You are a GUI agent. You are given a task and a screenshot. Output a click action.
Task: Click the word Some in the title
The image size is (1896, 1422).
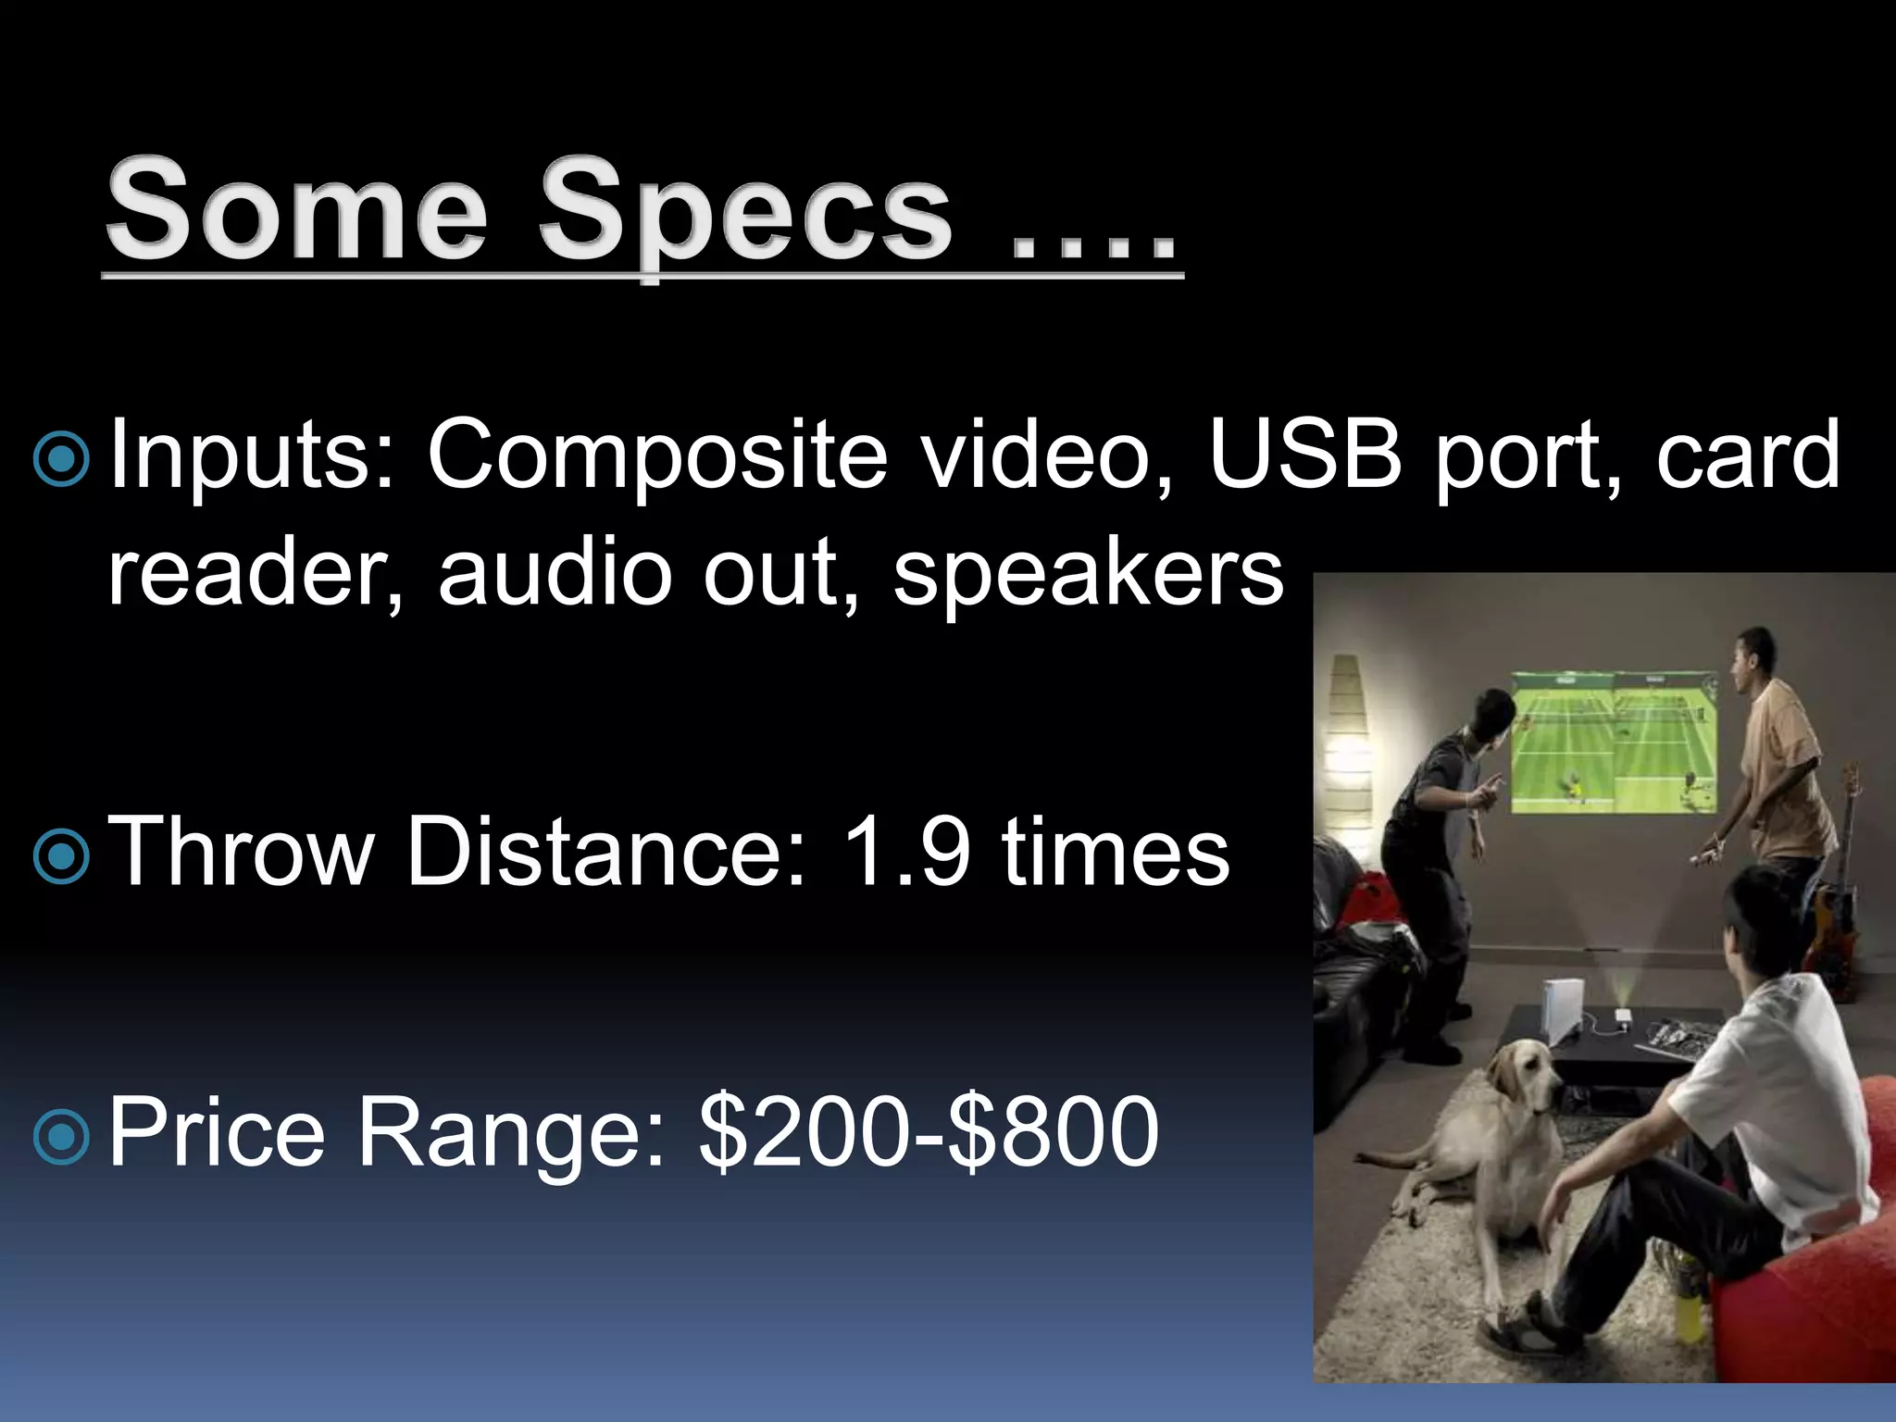click(296, 211)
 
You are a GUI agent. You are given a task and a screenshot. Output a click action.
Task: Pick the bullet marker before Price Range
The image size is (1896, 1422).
click(61, 1135)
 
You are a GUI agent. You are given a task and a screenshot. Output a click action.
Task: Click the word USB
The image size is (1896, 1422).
click(1305, 454)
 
